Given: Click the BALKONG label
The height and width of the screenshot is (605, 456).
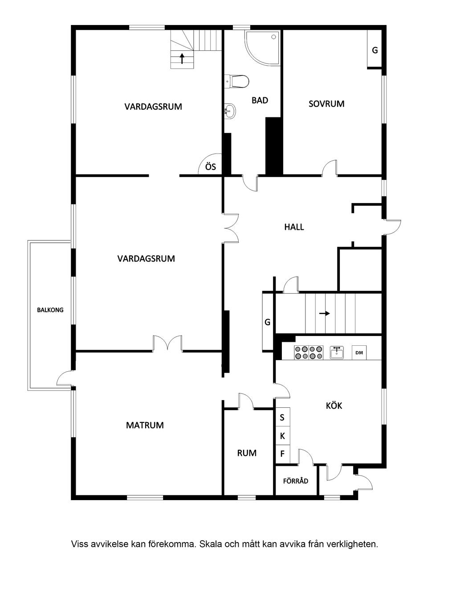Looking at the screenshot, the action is click(x=50, y=310).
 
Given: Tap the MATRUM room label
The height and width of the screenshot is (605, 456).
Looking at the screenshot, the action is click(x=145, y=425).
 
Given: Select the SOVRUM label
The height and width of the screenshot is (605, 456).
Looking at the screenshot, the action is click(x=326, y=104).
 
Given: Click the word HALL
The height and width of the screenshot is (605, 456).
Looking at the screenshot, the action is click(x=294, y=227).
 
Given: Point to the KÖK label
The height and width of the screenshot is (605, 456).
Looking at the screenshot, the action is click(x=334, y=406).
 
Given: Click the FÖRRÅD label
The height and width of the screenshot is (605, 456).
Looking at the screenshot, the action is click(x=296, y=481).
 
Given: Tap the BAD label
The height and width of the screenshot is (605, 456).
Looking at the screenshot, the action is click(x=260, y=100).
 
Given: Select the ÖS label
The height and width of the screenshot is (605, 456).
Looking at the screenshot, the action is click(x=210, y=166).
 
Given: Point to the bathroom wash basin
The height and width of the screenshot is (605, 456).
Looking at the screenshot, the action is click(x=230, y=111).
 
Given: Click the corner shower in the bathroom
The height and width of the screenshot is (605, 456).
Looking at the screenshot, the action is click(x=263, y=48).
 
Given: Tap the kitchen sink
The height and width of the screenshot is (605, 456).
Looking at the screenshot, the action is click(x=337, y=353).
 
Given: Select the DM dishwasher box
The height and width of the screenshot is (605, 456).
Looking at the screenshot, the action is click(x=359, y=352).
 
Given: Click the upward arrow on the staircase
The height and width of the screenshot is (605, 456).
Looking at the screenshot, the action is click(x=182, y=58).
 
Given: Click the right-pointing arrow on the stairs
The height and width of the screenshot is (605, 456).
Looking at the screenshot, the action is click(x=324, y=313).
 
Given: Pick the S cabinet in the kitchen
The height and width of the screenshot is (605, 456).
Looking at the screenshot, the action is click(x=282, y=418).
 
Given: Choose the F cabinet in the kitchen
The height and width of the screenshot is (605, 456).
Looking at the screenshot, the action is click(x=282, y=454).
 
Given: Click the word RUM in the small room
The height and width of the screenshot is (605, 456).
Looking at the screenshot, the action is click(x=247, y=453).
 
